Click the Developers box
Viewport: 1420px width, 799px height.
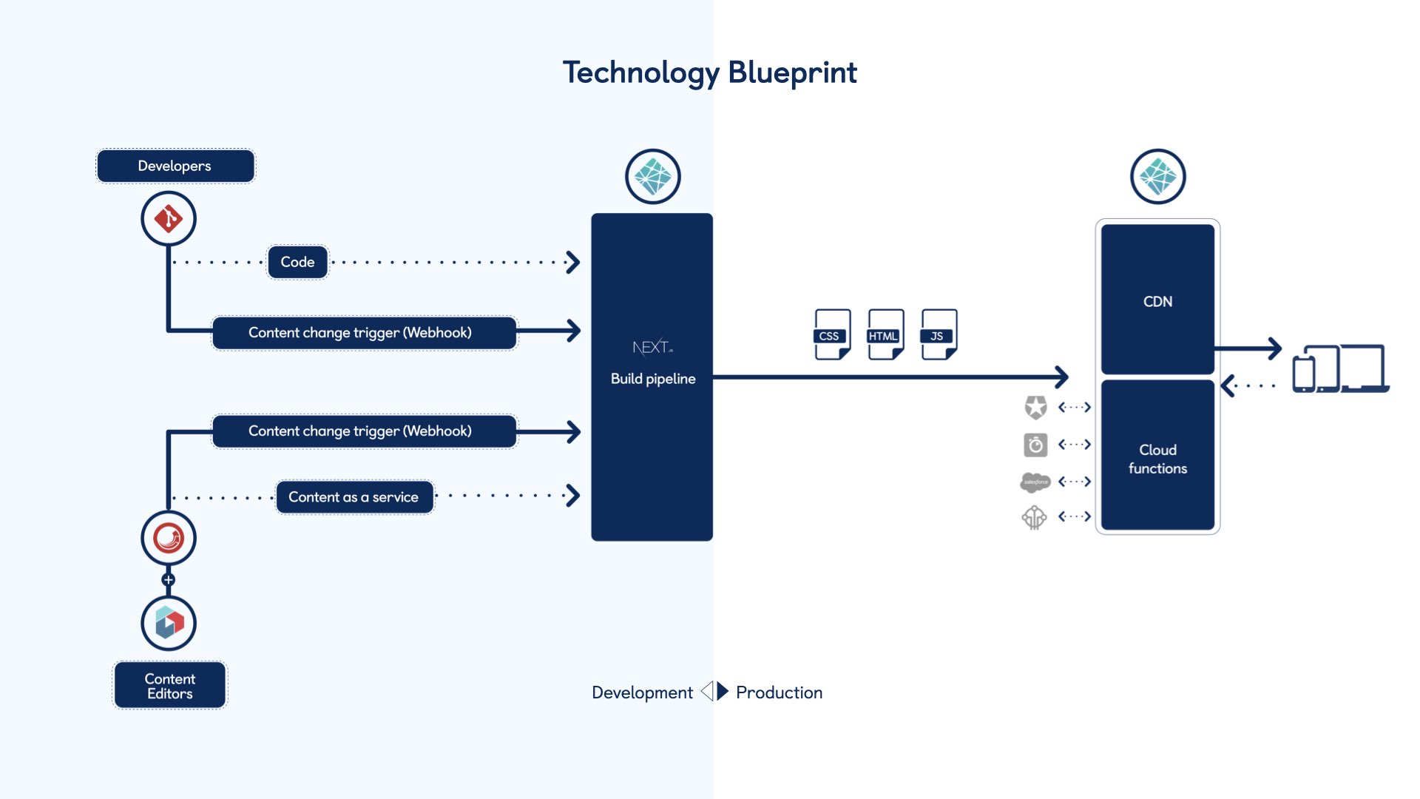click(175, 166)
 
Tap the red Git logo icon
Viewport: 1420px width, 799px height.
click(169, 219)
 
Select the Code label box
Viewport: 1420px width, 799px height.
click(297, 262)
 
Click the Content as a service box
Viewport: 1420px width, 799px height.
click(354, 497)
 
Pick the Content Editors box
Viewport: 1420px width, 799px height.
click(170, 686)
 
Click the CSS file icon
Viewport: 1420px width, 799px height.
click(832, 334)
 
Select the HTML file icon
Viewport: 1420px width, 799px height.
click(885, 334)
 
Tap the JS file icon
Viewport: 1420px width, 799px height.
click(939, 334)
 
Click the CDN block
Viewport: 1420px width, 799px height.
click(1157, 300)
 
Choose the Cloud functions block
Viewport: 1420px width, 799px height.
click(1157, 459)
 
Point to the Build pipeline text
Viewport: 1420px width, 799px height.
click(653, 379)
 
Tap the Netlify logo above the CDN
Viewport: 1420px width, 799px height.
click(1157, 177)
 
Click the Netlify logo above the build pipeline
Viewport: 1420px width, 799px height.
click(652, 177)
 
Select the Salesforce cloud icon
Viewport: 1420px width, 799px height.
click(1035, 482)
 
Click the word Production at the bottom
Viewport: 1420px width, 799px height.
click(779, 692)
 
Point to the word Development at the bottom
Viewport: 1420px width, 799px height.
click(642, 692)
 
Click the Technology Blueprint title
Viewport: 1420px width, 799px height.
click(709, 73)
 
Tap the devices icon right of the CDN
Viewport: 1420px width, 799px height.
click(1340, 368)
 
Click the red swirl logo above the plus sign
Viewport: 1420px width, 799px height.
click(169, 538)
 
